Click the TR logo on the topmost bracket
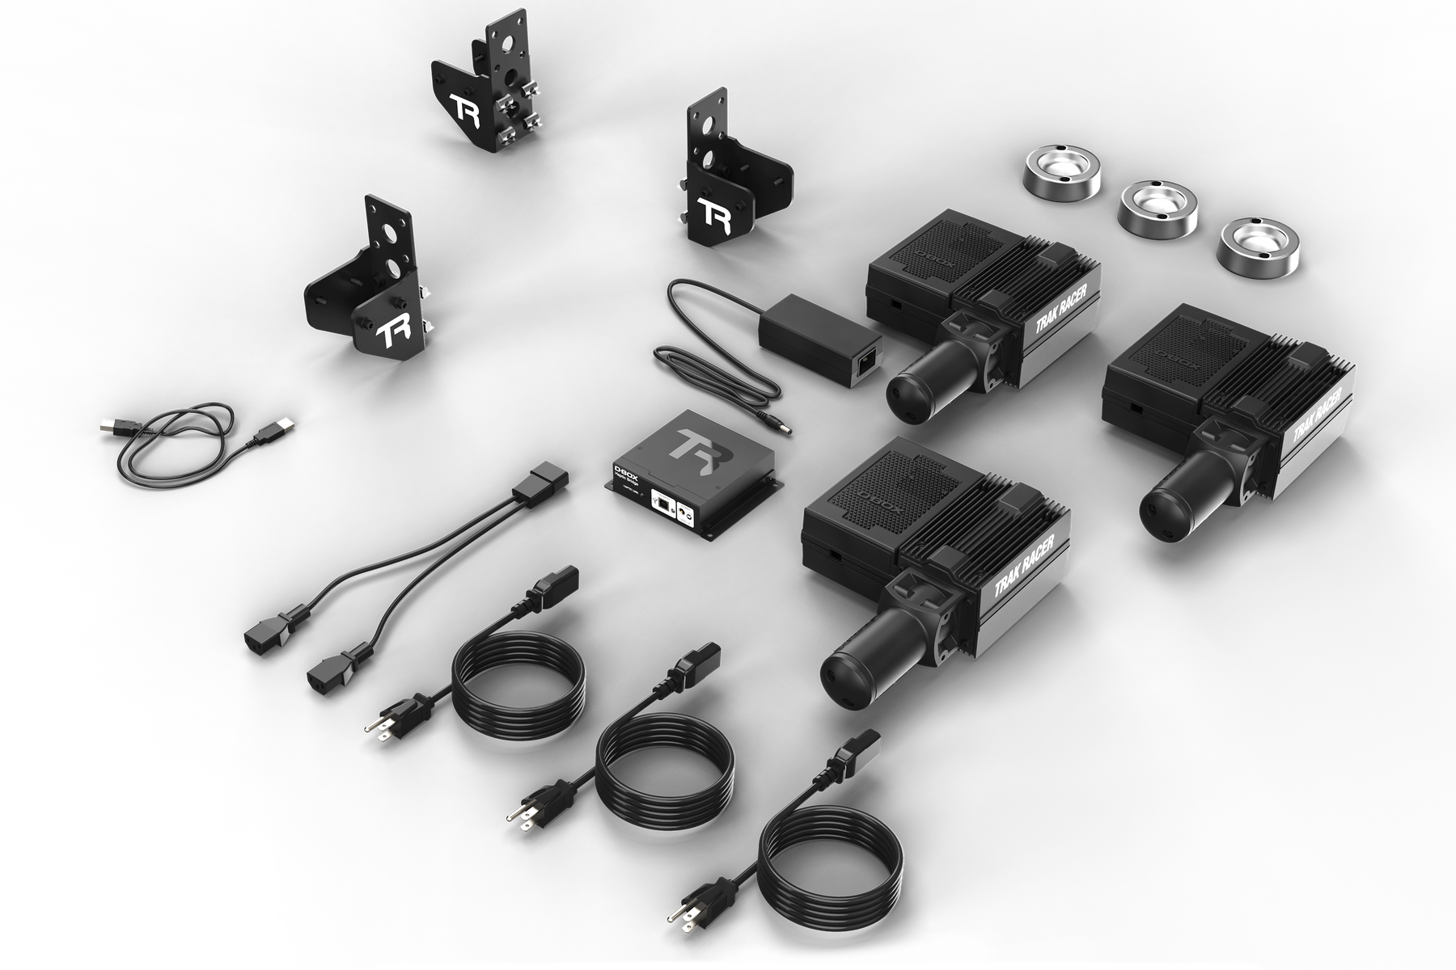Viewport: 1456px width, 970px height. [x=467, y=111]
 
